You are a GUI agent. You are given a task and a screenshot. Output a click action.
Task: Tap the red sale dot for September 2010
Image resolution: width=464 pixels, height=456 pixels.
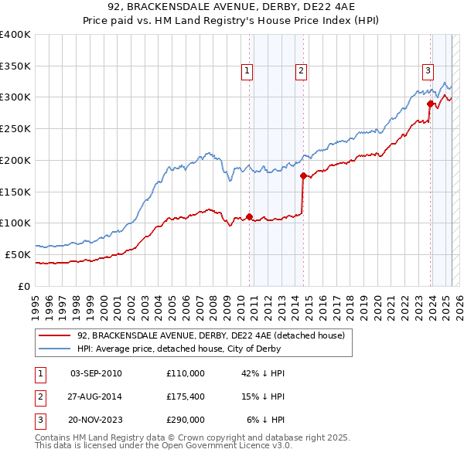[249, 216]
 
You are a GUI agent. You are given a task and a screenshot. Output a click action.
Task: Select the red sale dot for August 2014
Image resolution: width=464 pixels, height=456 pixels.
[303, 175]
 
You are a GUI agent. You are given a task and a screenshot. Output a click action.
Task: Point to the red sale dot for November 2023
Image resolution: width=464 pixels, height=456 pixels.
[430, 103]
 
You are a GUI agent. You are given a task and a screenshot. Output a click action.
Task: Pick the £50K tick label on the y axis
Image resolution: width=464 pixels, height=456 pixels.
[19, 254]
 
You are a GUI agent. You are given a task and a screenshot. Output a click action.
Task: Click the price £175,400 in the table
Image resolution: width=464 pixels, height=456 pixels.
[185, 396]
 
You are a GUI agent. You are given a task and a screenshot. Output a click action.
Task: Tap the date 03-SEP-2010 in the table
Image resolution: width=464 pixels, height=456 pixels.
[96, 373]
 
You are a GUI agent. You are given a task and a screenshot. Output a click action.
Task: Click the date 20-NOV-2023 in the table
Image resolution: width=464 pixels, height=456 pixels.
[96, 420]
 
